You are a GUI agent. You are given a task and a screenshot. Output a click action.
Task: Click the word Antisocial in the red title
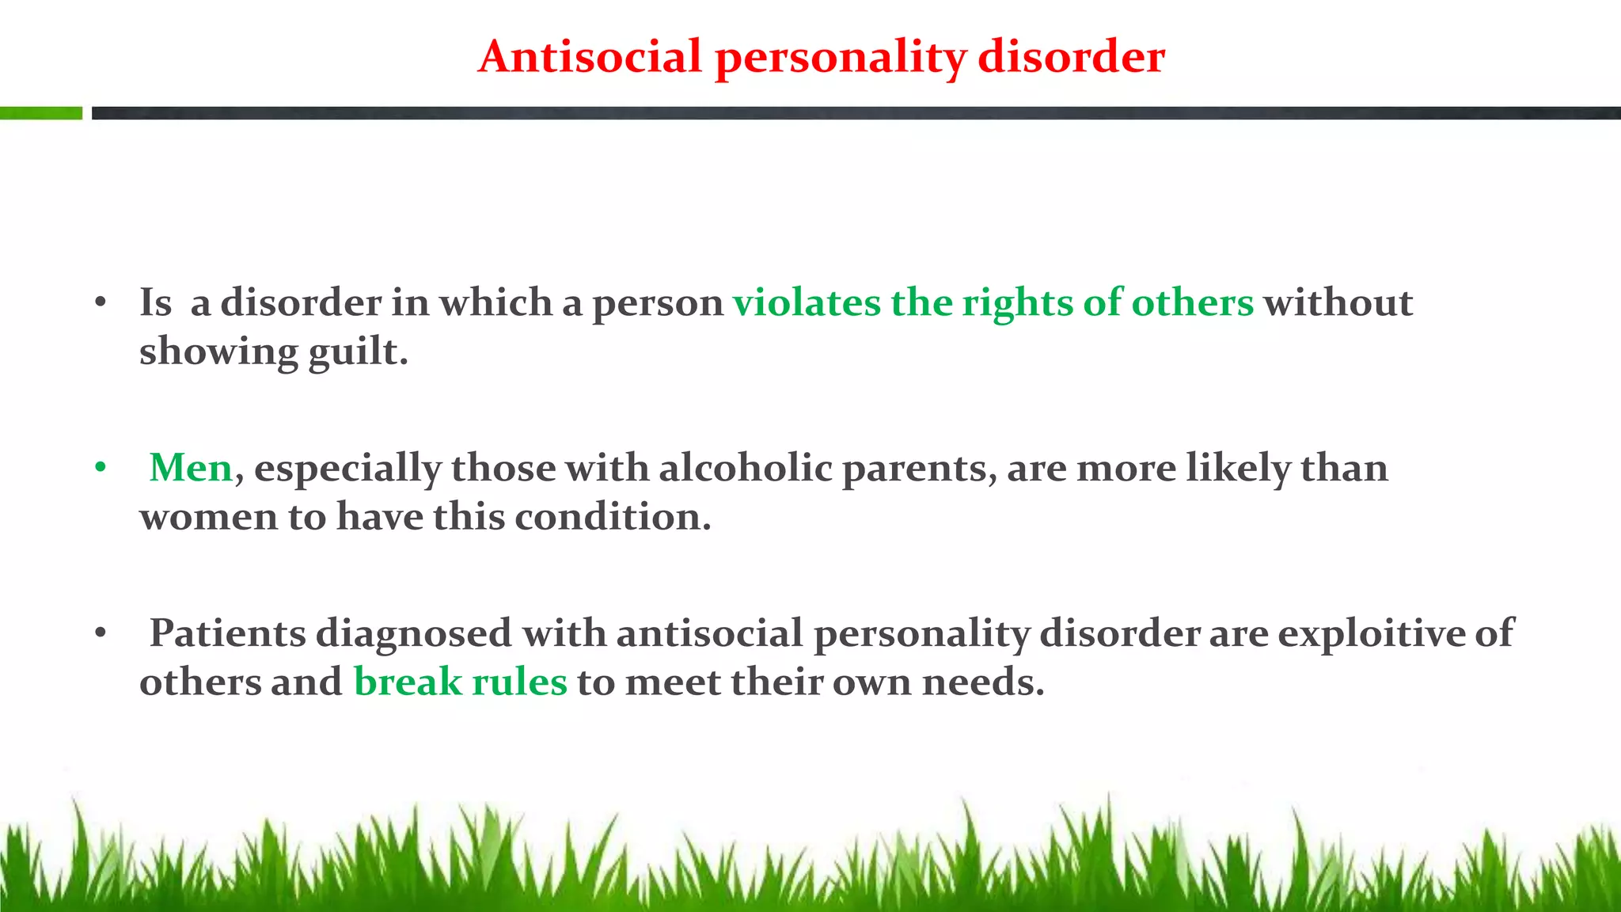coord(590,57)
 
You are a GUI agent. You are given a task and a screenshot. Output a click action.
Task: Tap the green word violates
coord(806,302)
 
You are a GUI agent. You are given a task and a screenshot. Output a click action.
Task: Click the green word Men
coord(191,468)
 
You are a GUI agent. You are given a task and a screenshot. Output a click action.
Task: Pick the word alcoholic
coord(745,468)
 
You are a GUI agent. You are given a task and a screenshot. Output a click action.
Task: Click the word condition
coord(613,517)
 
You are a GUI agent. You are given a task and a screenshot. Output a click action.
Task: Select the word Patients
coord(228,633)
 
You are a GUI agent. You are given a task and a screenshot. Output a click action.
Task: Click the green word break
coord(408,682)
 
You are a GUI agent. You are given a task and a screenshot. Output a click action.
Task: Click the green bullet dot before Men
coord(100,468)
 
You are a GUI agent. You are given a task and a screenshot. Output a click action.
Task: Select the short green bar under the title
coord(41,113)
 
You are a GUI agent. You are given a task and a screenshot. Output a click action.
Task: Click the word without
coord(1338,302)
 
